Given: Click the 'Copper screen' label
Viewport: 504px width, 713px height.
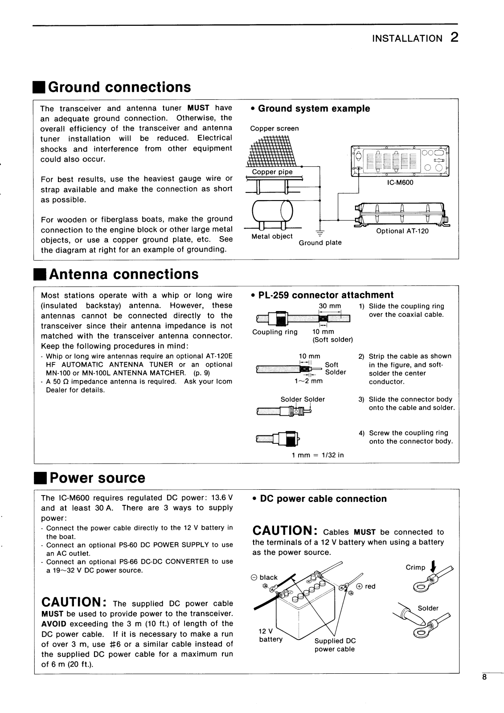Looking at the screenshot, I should point(275,128).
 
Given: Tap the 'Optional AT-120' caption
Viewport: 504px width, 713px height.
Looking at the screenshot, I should point(402,231).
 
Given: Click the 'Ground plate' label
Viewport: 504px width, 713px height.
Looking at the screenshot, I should point(320,242).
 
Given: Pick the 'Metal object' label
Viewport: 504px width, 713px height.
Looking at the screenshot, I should point(272,236).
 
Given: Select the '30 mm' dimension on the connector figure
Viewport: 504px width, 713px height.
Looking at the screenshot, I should point(330,306).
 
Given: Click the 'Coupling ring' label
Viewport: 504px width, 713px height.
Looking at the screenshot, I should point(275,332).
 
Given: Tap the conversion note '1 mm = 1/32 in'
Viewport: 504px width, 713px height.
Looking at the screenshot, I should point(318,455).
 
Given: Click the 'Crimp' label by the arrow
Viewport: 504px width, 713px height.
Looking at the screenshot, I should point(415,567).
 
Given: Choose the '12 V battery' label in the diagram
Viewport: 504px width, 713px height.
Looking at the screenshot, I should point(270,635).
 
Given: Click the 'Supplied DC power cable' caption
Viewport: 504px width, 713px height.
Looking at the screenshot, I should point(335,645).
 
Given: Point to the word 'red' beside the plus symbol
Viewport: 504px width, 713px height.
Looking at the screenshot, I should point(370,586).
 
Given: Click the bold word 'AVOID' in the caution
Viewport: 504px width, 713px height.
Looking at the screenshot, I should point(53,623).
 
